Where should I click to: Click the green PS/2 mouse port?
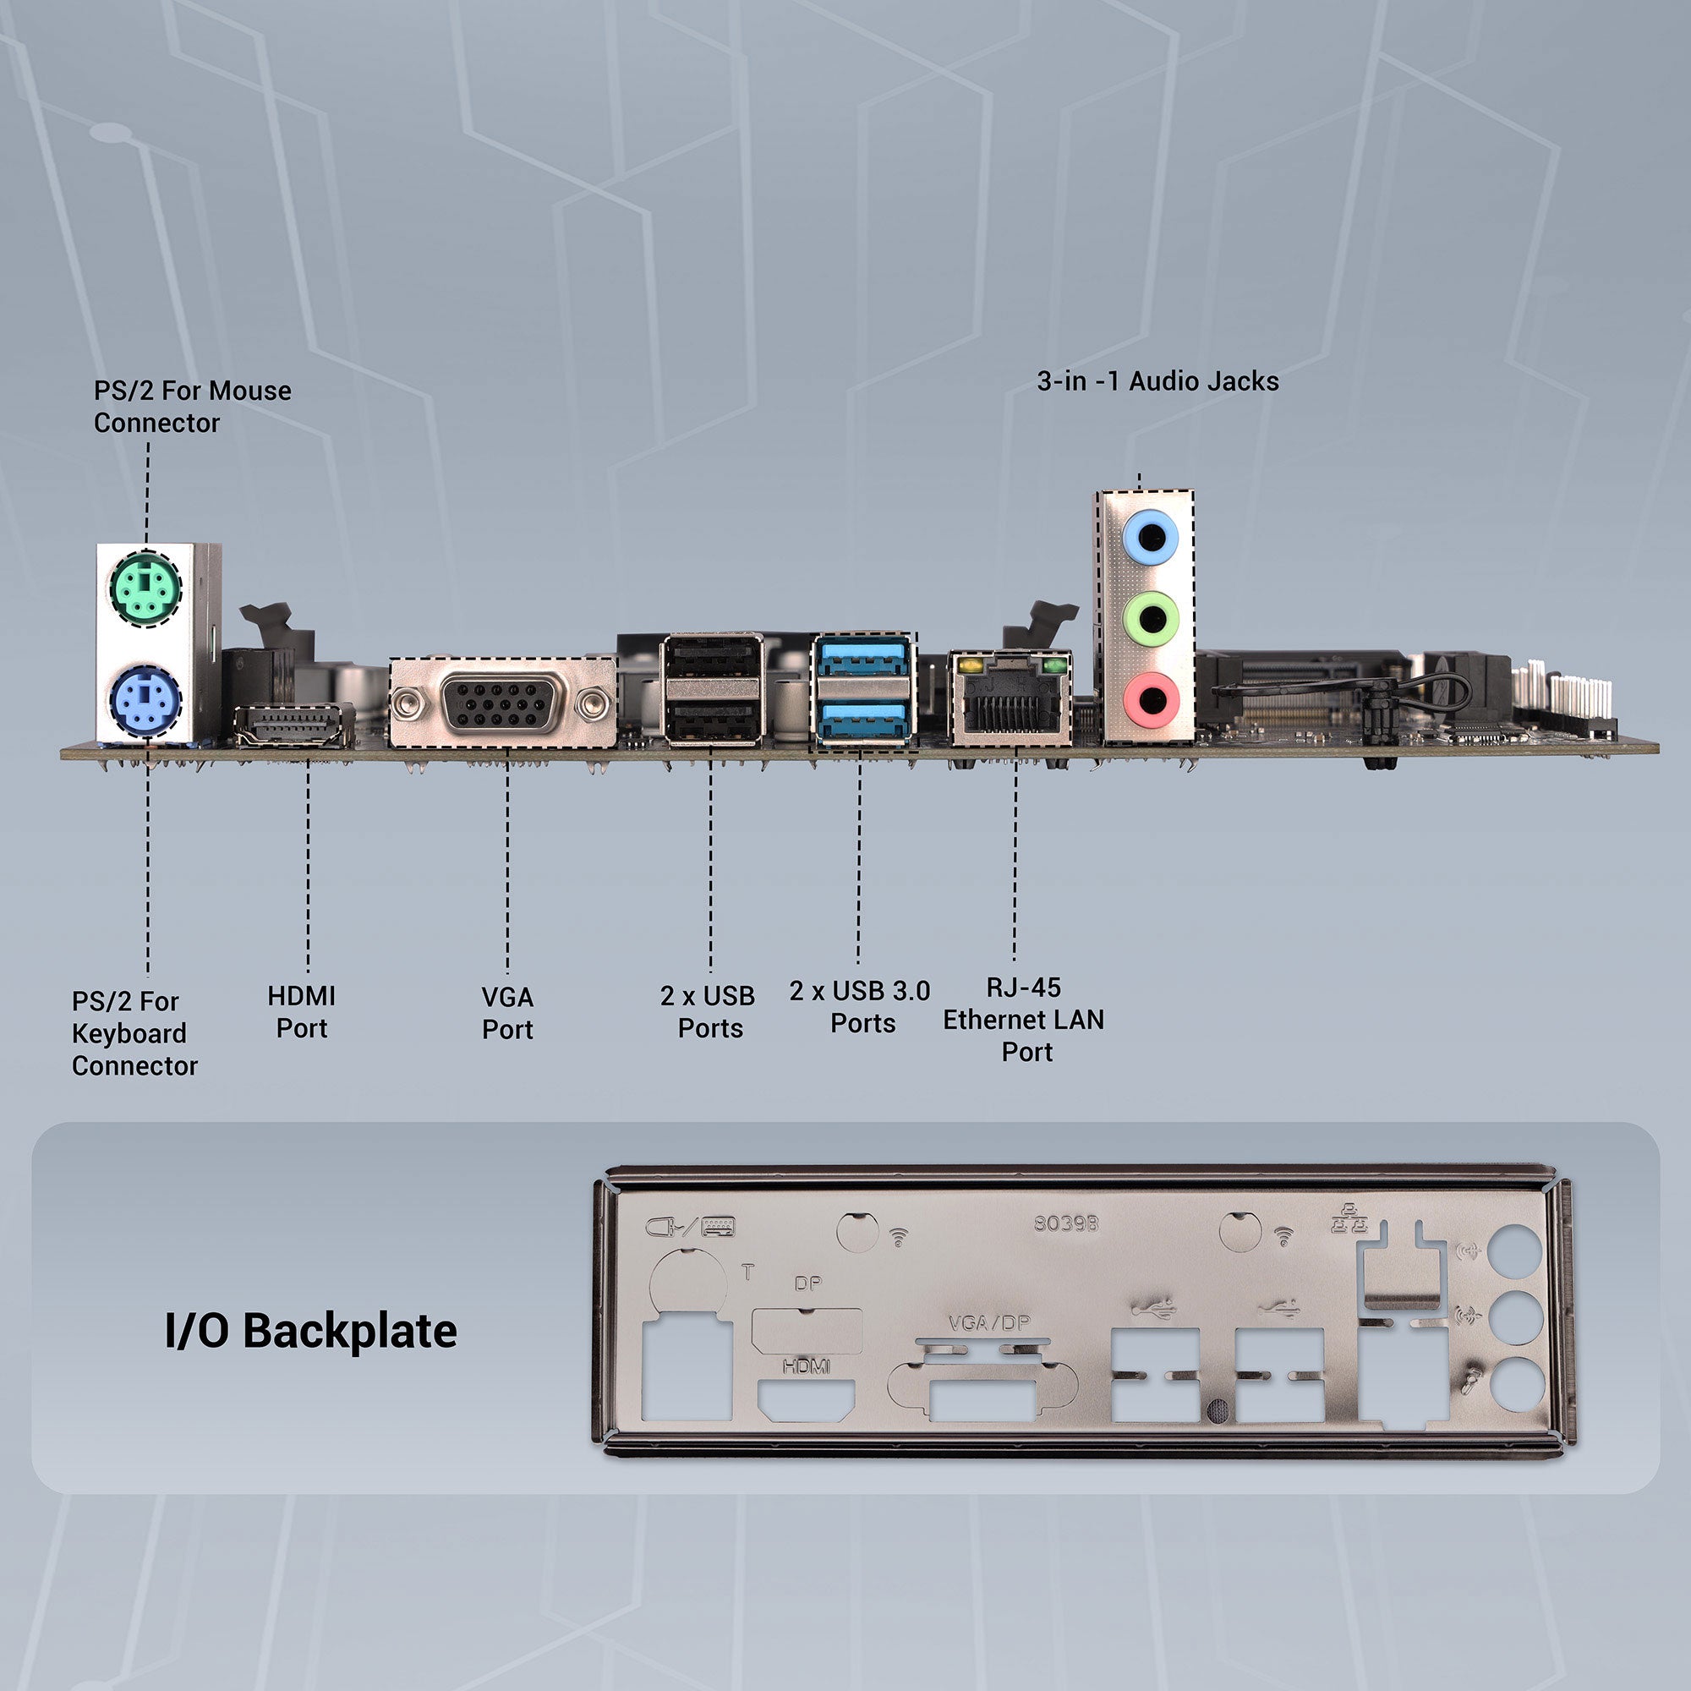coord(145,589)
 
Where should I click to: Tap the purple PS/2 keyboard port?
coord(145,702)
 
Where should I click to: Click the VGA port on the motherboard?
coord(501,702)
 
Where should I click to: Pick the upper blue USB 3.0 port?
coord(863,656)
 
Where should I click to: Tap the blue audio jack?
coord(1149,537)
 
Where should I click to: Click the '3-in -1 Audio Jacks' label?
coord(1157,381)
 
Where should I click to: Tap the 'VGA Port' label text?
coord(506,1014)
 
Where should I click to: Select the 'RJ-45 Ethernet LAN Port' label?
coord(1023,1020)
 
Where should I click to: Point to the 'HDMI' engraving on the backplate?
coord(806,1365)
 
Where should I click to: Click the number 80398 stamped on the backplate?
coord(1065,1223)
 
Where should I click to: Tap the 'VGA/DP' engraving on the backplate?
coord(989,1323)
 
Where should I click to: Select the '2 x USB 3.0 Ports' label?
coord(860,1008)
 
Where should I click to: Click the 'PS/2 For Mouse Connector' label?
coord(192,406)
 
